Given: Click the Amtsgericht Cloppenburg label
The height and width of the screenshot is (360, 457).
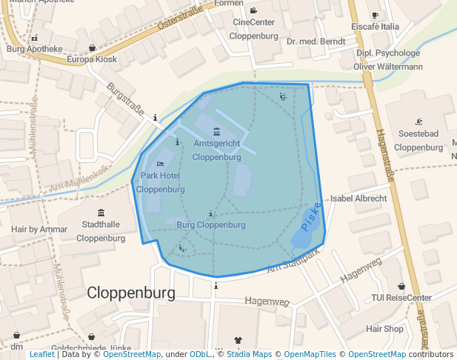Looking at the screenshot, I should [x=216, y=149].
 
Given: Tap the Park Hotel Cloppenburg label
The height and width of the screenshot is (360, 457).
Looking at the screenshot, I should [x=160, y=182].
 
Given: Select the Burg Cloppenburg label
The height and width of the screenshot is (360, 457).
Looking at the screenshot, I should [x=211, y=224].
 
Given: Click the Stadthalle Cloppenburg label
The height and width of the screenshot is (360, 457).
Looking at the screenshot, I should [x=101, y=232].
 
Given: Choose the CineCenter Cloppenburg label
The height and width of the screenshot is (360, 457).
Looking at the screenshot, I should [x=253, y=29].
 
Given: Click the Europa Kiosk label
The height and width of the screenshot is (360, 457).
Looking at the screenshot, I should [x=92, y=59].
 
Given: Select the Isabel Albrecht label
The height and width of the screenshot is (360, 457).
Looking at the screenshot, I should [x=358, y=199].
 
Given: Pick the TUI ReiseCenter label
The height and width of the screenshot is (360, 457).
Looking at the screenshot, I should [x=401, y=298].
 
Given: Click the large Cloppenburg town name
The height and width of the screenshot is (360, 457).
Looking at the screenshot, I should [x=131, y=293].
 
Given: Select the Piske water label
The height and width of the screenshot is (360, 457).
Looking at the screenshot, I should [x=311, y=216].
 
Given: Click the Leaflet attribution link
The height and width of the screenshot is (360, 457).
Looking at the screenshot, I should [x=41, y=355].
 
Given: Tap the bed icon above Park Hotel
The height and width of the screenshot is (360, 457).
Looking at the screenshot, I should [x=161, y=164].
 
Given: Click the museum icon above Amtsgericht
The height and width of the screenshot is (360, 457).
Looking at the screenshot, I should [x=216, y=131].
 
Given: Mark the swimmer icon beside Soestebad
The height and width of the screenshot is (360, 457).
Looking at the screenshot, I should [x=419, y=121].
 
